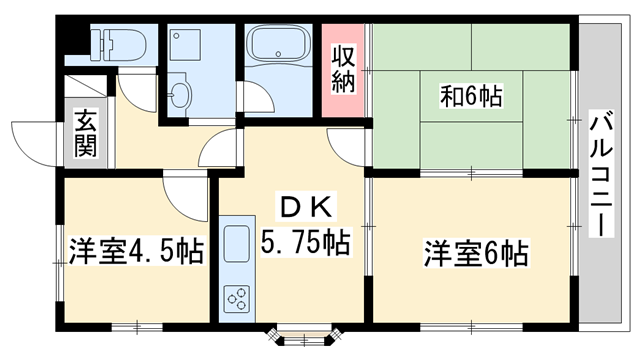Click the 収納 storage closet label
pos(343,66)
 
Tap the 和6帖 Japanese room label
pos(471,97)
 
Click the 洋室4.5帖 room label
pos(135,250)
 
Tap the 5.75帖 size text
pos(305,242)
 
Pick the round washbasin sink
pos(180,95)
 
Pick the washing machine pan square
pos(188,45)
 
